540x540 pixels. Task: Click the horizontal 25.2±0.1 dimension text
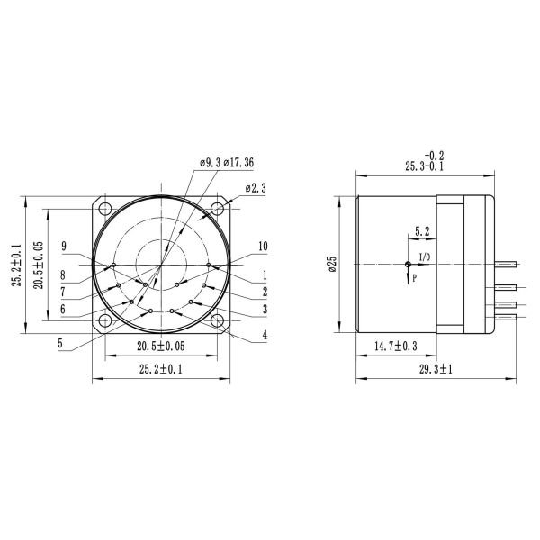pyautogui.click(x=162, y=367)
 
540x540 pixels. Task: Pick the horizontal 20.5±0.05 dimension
pyautogui.click(x=162, y=346)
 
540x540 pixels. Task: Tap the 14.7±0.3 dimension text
pyautogui.click(x=396, y=346)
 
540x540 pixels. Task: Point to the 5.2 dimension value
pyautogui.click(x=421, y=232)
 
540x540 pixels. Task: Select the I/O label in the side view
pyautogui.click(x=425, y=257)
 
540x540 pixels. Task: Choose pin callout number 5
pyautogui.click(x=60, y=342)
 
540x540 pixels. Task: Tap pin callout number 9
pyautogui.click(x=63, y=246)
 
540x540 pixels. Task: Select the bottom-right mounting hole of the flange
pyautogui.click(x=219, y=321)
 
